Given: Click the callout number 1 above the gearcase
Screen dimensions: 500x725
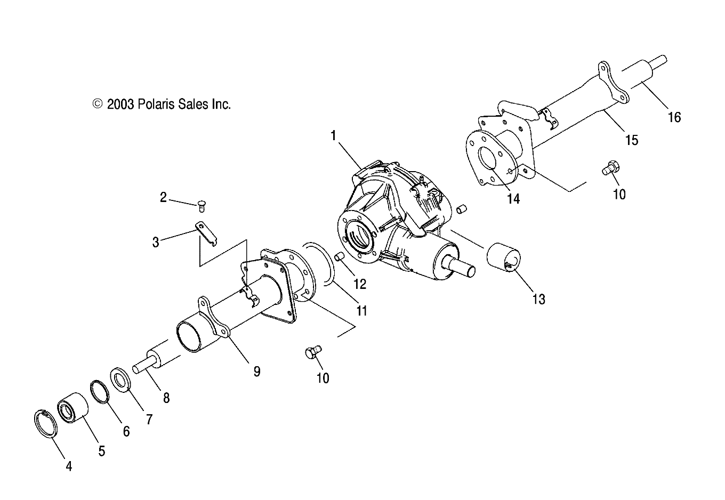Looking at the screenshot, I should click(333, 135).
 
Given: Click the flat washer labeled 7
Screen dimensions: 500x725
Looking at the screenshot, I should click(121, 378).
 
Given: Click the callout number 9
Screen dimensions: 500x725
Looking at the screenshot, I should click(256, 372).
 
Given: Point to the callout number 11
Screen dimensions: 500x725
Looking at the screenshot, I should click(362, 310).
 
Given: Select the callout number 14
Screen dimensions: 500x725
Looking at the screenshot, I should click(513, 199).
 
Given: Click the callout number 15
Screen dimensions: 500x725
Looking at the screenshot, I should click(632, 140).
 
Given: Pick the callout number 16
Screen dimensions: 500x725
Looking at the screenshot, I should click(674, 117).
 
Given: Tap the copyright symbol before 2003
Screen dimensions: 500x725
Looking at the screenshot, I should click(98, 104).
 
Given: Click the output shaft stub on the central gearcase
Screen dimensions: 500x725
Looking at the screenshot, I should click(463, 267).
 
